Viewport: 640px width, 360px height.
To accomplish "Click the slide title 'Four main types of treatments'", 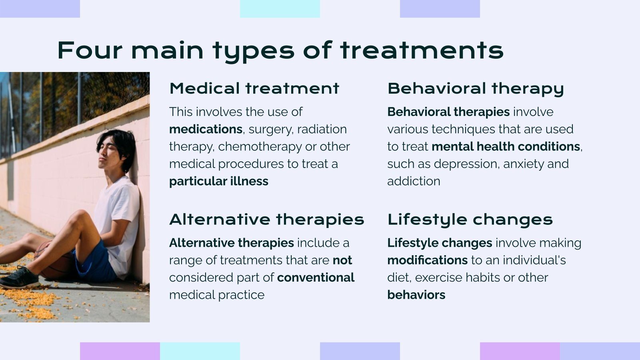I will pyautogui.click(x=280, y=50).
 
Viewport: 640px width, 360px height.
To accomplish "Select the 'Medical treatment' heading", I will pyautogui.click(x=254, y=88).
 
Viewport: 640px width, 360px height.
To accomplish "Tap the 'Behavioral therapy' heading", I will pyautogui.click(x=475, y=88).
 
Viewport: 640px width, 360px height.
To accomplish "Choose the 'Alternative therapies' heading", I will pyautogui.click(x=266, y=220).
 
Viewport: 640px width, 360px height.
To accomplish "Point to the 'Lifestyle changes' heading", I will pyautogui.click(x=470, y=220).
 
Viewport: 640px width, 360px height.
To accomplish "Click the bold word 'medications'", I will pyautogui.click(x=206, y=129).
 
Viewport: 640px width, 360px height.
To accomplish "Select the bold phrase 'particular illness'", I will pyautogui.click(x=218, y=181).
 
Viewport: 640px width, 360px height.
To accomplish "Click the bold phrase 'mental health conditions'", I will pyautogui.click(x=506, y=146).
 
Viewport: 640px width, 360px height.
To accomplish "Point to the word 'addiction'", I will pyautogui.click(x=414, y=181).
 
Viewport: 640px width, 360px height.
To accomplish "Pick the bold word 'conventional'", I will pyautogui.click(x=316, y=278).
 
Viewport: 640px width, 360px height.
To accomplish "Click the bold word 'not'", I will pyautogui.click(x=342, y=260).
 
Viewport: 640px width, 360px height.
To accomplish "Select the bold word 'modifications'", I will pyautogui.click(x=427, y=260).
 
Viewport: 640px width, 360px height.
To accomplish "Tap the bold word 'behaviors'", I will pyautogui.click(x=416, y=295).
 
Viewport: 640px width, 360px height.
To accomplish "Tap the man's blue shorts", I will pyautogui.click(x=96, y=262).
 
